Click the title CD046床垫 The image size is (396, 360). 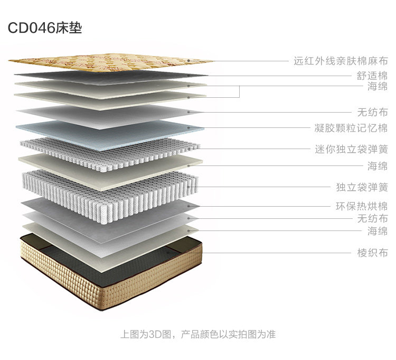pyautogui.click(x=45, y=28)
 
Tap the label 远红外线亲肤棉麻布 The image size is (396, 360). pyautogui.click(x=341, y=61)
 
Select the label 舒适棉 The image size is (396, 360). pyautogui.click(x=372, y=76)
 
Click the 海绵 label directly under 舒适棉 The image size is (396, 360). pyautogui.click(x=378, y=87)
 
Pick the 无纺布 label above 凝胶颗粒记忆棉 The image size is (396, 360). pyautogui.click(x=372, y=112)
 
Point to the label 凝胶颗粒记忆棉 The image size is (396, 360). pyautogui.click(x=351, y=128)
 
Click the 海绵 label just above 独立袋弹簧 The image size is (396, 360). pyautogui.click(x=378, y=166)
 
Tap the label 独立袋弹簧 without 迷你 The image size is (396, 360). pyautogui.click(x=362, y=187)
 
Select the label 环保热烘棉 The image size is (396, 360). pyautogui.click(x=362, y=207)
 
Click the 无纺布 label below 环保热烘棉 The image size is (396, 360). pyautogui.click(x=372, y=218)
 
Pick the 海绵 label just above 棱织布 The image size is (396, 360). pyautogui.click(x=378, y=230)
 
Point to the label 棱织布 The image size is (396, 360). pyautogui.click(x=372, y=253)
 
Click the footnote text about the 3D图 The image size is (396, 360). pyautogui.click(x=197, y=334)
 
